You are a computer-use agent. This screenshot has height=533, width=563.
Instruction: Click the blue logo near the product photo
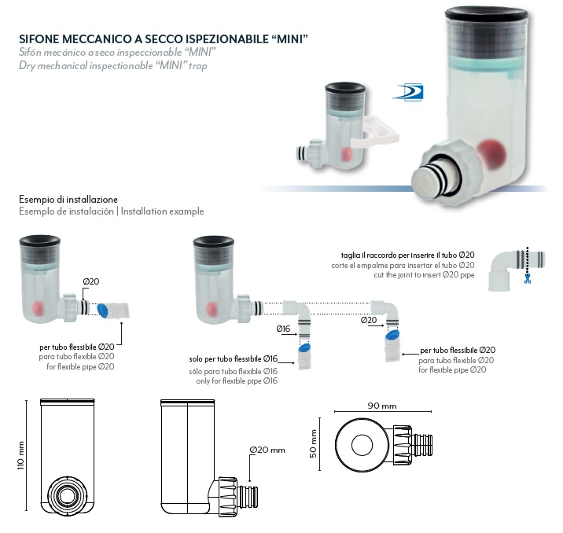click(x=409, y=92)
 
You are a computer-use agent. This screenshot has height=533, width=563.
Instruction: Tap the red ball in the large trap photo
click(x=491, y=153)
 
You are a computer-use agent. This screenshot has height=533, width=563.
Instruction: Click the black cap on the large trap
click(x=487, y=15)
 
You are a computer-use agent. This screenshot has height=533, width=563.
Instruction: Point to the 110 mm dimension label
click(x=20, y=455)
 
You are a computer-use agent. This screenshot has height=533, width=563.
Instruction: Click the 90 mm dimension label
click(x=382, y=406)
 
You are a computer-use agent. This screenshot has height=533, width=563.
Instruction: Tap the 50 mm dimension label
click(x=313, y=443)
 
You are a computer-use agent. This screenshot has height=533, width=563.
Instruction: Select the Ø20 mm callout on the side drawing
click(x=267, y=450)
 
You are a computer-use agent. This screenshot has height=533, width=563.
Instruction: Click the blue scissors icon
click(x=527, y=279)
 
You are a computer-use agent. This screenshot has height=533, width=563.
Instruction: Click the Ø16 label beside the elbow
click(x=283, y=329)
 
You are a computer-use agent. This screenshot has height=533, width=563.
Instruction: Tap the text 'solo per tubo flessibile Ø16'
click(x=234, y=359)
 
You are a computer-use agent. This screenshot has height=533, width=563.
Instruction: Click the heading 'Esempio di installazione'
click(x=68, y=200)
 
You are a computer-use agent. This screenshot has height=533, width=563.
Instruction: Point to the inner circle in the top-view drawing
click(x=362, y=445)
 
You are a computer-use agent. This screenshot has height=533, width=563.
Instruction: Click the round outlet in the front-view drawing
click(x=66, y=496)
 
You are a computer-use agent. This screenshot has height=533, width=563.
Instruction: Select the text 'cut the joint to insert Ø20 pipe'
click(x=424, y=275)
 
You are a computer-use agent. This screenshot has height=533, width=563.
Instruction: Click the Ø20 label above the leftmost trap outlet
click(x=91, y=281)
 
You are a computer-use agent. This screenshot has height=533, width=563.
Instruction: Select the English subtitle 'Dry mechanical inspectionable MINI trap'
click(x=113, y=66)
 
